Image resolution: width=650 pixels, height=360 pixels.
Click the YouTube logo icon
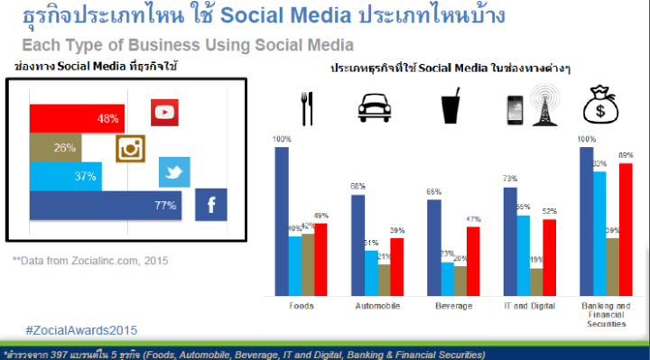[x=164, y=112]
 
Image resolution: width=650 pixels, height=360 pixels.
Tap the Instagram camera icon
[x=130, y=148]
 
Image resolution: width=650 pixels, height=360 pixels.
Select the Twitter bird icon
[x=173, y=171]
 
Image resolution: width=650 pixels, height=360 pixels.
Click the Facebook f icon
[x=211, y=206]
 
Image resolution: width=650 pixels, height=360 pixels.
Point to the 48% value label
[x=108, y=119]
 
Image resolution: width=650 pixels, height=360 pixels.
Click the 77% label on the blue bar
[x=164, y=206]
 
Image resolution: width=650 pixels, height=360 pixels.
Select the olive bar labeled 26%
[x=55, y=147]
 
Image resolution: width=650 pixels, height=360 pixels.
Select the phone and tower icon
[x=528, y=106]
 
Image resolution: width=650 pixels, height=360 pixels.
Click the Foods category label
[x=302, y=306]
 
